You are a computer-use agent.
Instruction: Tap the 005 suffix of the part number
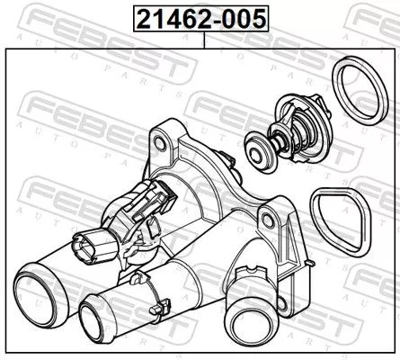pyautogui.click(x=244, y=18)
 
